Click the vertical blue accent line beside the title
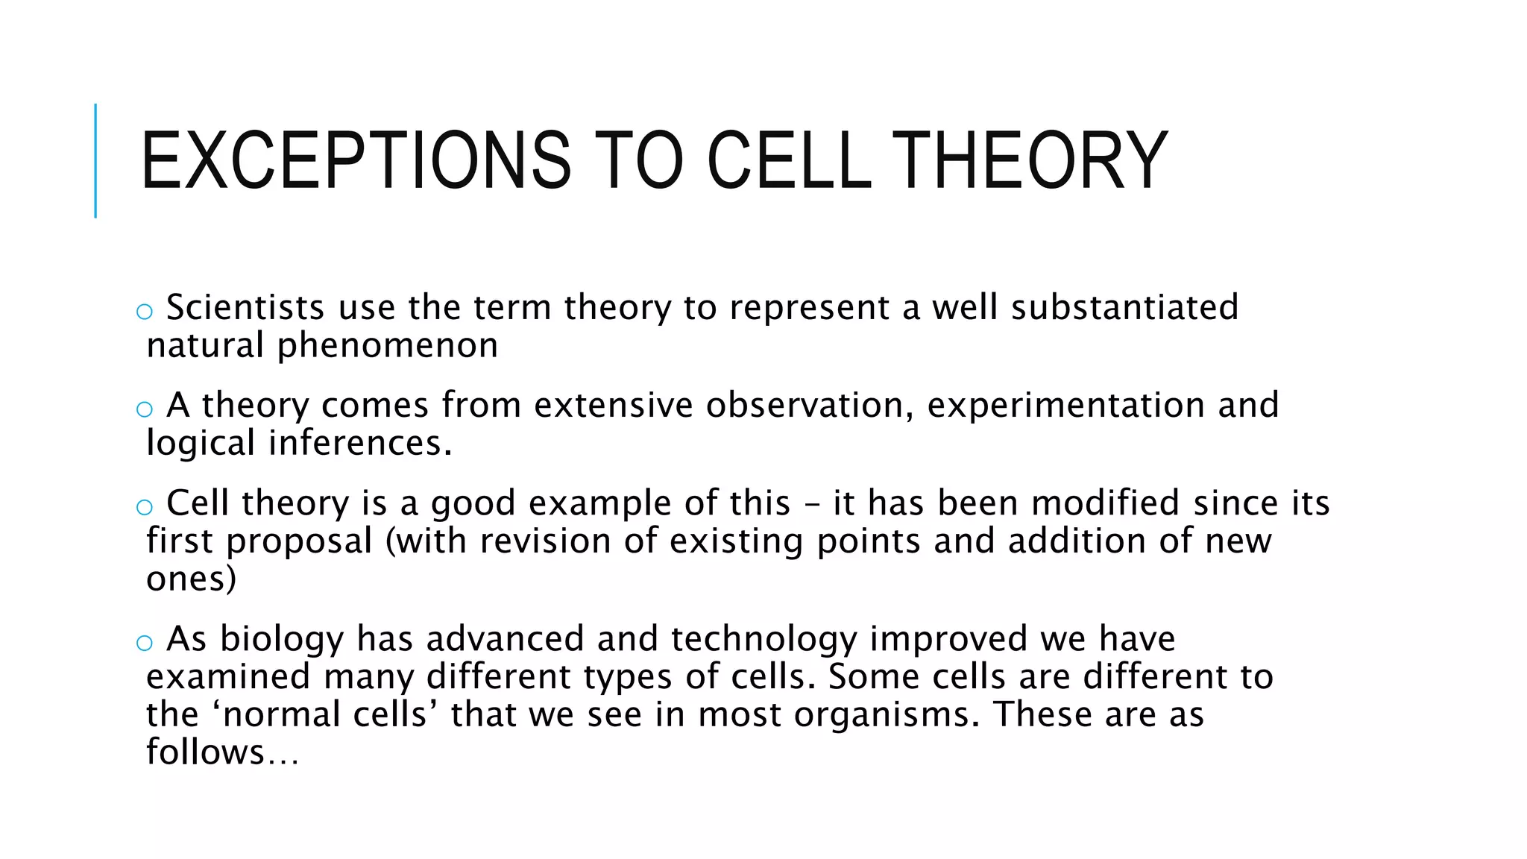click(x=95, y=160)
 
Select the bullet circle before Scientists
click(x=145, y=312)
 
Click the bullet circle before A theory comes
click(x=145, y=409)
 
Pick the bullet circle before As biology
click(x=145, y=643)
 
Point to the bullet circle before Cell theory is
click(x=145, y=507)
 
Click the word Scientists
click(x=245, y=307)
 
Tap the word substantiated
click(x=1124, y=307)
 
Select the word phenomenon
click(x=387, y=345)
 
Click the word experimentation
click(x=1065, y=405)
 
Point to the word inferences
click(x=359, y=443)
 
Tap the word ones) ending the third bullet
click(x=191, y=579)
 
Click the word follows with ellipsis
click(x=221, y=752)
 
